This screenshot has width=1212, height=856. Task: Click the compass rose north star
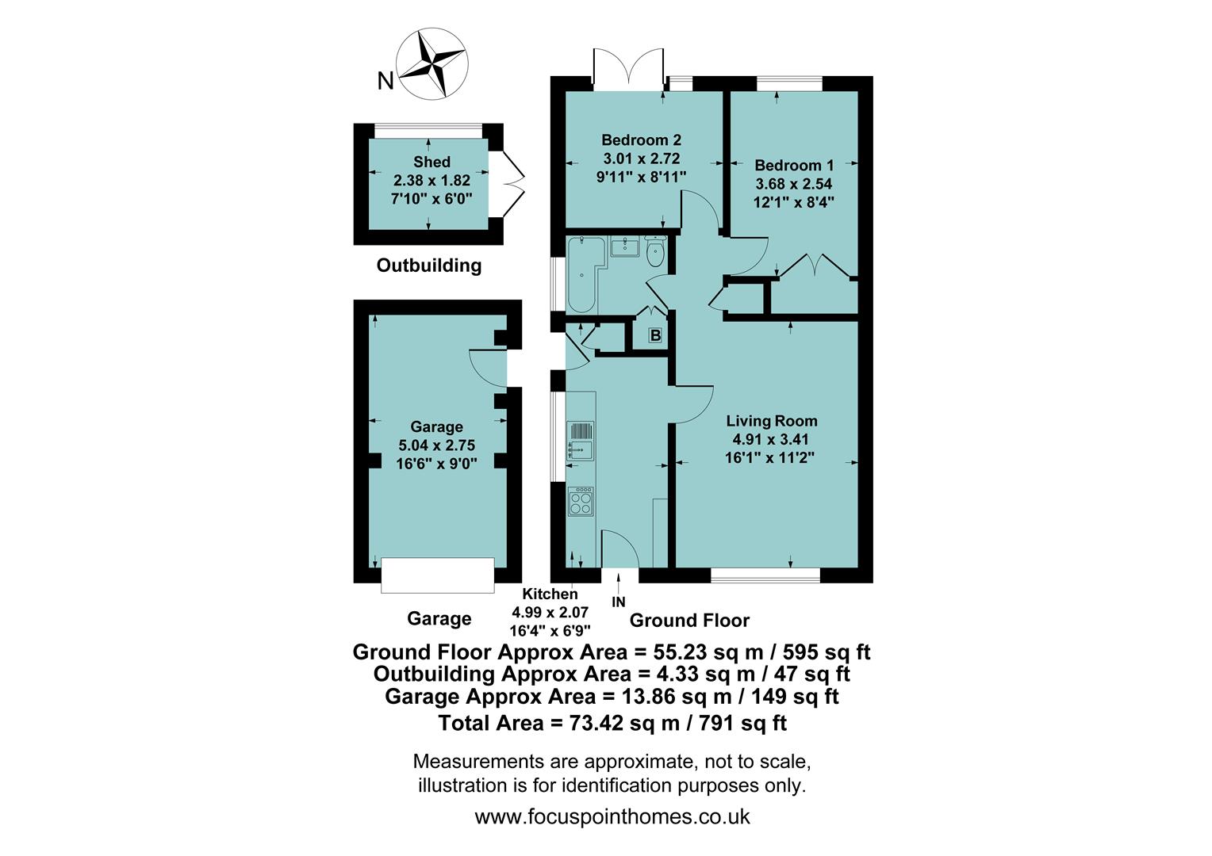432,65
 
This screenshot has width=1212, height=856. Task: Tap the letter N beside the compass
385,81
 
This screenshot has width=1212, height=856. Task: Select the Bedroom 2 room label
641,140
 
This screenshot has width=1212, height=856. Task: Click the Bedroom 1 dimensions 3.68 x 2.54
793,184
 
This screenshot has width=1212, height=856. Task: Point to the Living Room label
771,421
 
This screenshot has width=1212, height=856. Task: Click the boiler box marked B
655,336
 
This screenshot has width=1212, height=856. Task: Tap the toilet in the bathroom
656,253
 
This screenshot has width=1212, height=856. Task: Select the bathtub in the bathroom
582,273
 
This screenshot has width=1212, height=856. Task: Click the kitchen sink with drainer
580,441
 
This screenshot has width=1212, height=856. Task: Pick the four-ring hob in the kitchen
581,501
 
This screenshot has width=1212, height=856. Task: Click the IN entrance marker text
619,602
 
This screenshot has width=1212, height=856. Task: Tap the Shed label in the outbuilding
431,162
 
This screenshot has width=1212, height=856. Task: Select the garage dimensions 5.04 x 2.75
436,445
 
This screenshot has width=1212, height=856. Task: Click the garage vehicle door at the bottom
438,575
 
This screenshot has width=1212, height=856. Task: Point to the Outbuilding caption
428,266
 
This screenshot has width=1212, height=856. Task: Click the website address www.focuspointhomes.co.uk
612,816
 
